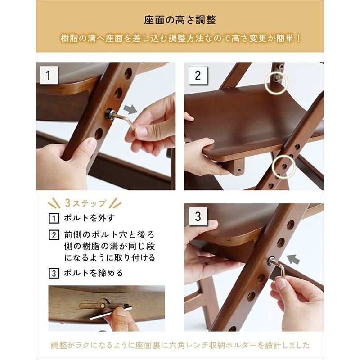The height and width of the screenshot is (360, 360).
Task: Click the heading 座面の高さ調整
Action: point(180,21)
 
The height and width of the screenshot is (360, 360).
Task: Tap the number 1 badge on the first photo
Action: point(48,75)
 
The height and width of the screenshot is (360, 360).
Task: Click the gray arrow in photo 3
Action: point(294,259)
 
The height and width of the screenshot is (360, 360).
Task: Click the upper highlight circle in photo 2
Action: point(276,82)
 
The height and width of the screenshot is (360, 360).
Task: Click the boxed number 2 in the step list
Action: point(54,235)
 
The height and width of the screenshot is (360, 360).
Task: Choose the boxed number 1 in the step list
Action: point(54,219)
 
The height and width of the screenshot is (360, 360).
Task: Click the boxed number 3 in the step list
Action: point(54,273)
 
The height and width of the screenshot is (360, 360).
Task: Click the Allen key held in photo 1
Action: point(126,120)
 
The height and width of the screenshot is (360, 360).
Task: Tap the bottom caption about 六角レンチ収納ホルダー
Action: point(180,346)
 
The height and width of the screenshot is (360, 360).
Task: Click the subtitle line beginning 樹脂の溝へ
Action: point(180,39)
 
